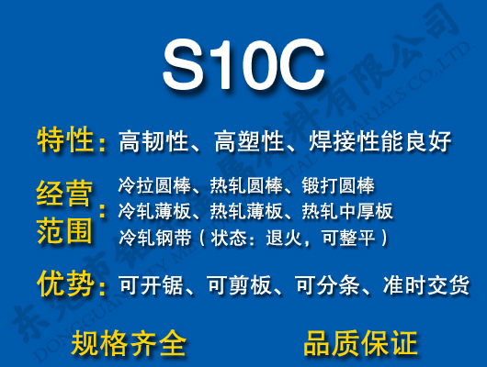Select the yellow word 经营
coord(64,195)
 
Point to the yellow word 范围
coord(64,229)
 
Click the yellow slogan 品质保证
coord(360,343)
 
